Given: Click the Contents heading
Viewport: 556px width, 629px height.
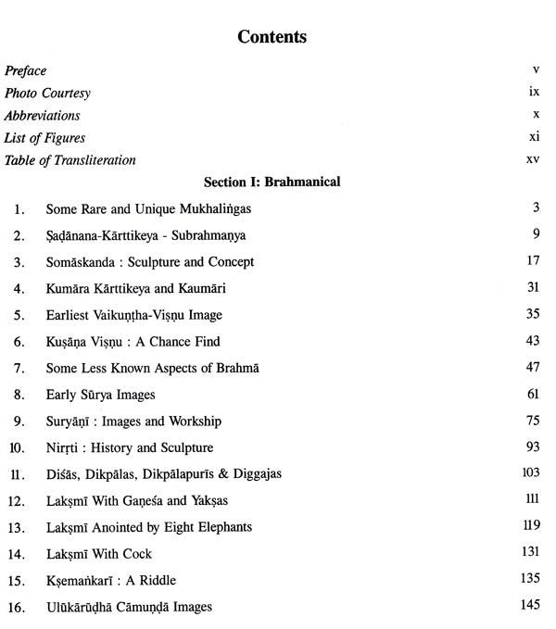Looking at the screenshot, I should (x=272, y=38).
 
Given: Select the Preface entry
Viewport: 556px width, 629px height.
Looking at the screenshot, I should (x=25, y=70).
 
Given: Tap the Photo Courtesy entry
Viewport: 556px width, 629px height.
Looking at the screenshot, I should (x=47, y=94).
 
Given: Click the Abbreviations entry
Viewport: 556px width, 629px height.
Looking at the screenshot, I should (x=42, y=116).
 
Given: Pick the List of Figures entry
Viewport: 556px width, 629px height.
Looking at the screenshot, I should (x=44, y=138).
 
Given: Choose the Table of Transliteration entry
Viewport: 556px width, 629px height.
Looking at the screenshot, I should (x=69, y=160).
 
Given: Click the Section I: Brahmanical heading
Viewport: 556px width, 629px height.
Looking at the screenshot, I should (x=272, y=182).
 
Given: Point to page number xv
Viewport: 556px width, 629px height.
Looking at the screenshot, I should (x=532, y=160).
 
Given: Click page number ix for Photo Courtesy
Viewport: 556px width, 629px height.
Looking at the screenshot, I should (x=534, y=94).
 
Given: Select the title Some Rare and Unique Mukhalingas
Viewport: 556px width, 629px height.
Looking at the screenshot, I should (x=148, y=209).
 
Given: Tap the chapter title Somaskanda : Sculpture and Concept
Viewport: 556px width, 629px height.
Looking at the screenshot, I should (x=150, y=262).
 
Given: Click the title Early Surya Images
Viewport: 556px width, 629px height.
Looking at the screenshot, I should (x=101, y=395).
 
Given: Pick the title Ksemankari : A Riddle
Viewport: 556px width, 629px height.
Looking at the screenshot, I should (x=111, y=581).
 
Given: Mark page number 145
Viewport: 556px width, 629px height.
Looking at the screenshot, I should (x=530, y=607).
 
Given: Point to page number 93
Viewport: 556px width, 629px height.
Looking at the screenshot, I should (x=533, y=447).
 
